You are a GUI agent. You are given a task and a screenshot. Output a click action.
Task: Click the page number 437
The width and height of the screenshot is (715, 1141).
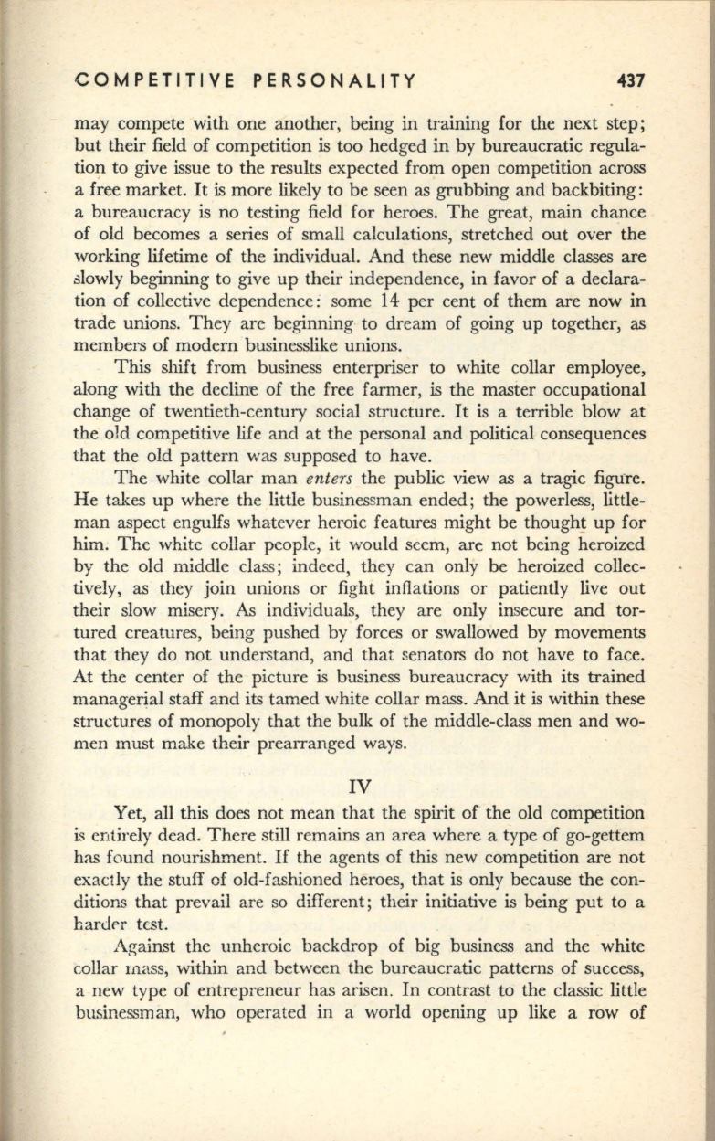coord(630,81)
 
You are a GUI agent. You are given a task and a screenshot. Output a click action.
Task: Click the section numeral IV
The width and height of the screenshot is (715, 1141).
coord(359,782)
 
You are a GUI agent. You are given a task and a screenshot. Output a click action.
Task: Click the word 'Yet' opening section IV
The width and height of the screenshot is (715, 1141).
coord(130,812)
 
